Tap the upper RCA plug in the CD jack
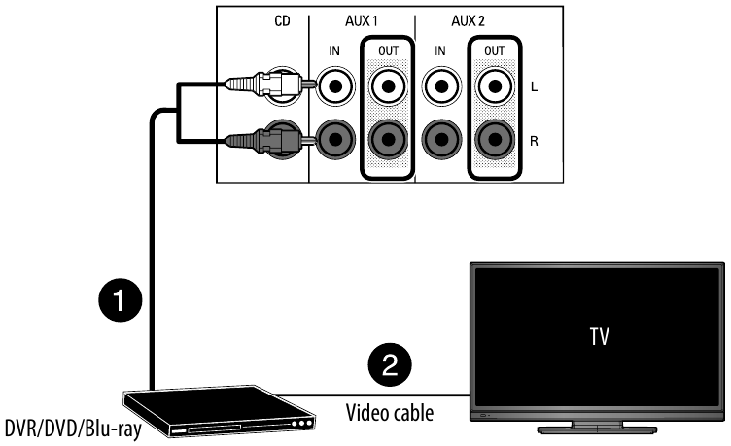click(262, 85)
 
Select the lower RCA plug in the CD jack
click(262, 142)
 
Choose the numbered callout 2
click(390, 365)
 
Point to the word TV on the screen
click(598, 339)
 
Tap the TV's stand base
click(597, 425)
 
